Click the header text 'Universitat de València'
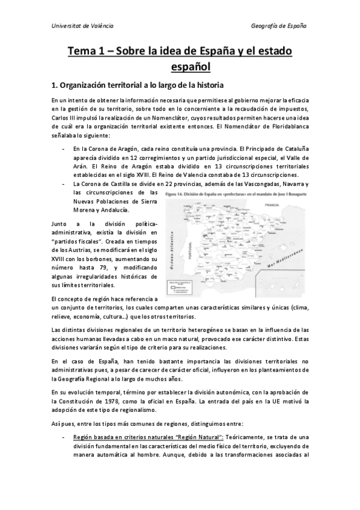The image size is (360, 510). [x=82, y=26]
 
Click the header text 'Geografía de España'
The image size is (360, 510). [x=278, y=26]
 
